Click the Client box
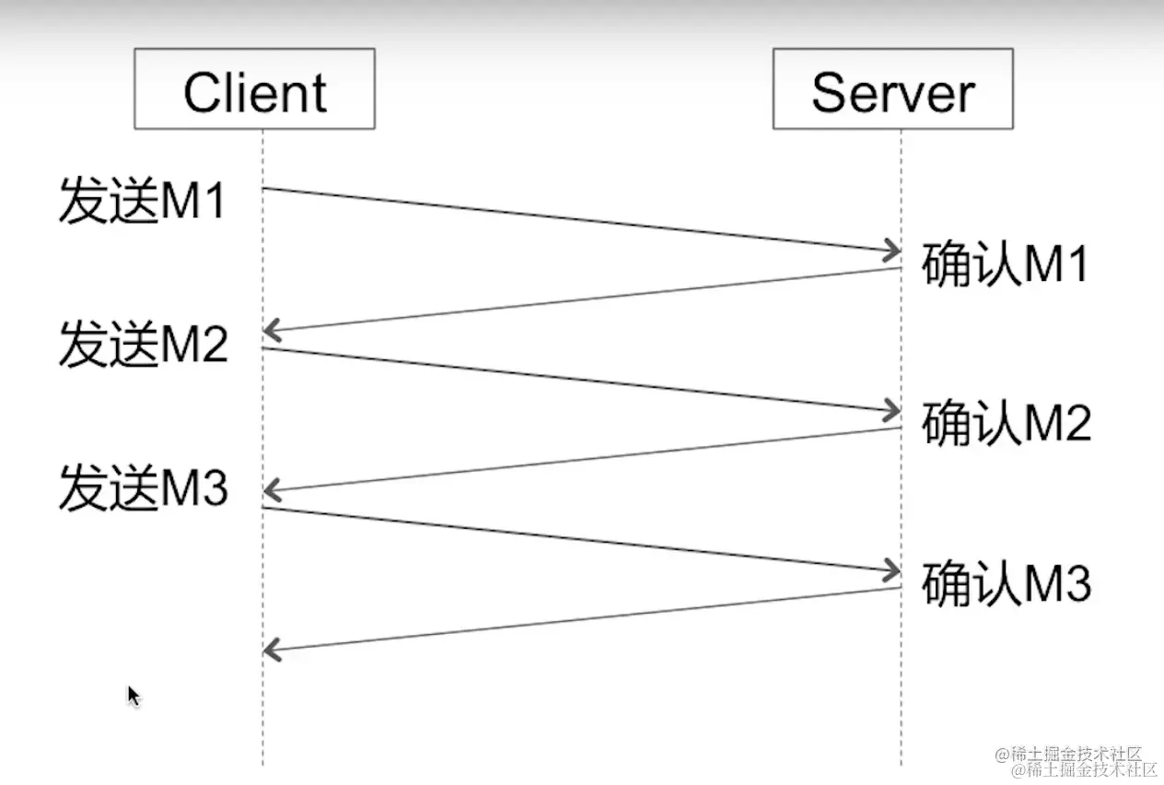coord(254,89)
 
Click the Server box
coord(892,89)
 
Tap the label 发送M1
coord(143,201)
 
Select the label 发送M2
coord(143,346)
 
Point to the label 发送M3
coord(143,487)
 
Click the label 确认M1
coord(1005,265)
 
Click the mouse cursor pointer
coord(133,695)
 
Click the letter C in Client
coord(202,93)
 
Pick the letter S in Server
coord(831,93)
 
